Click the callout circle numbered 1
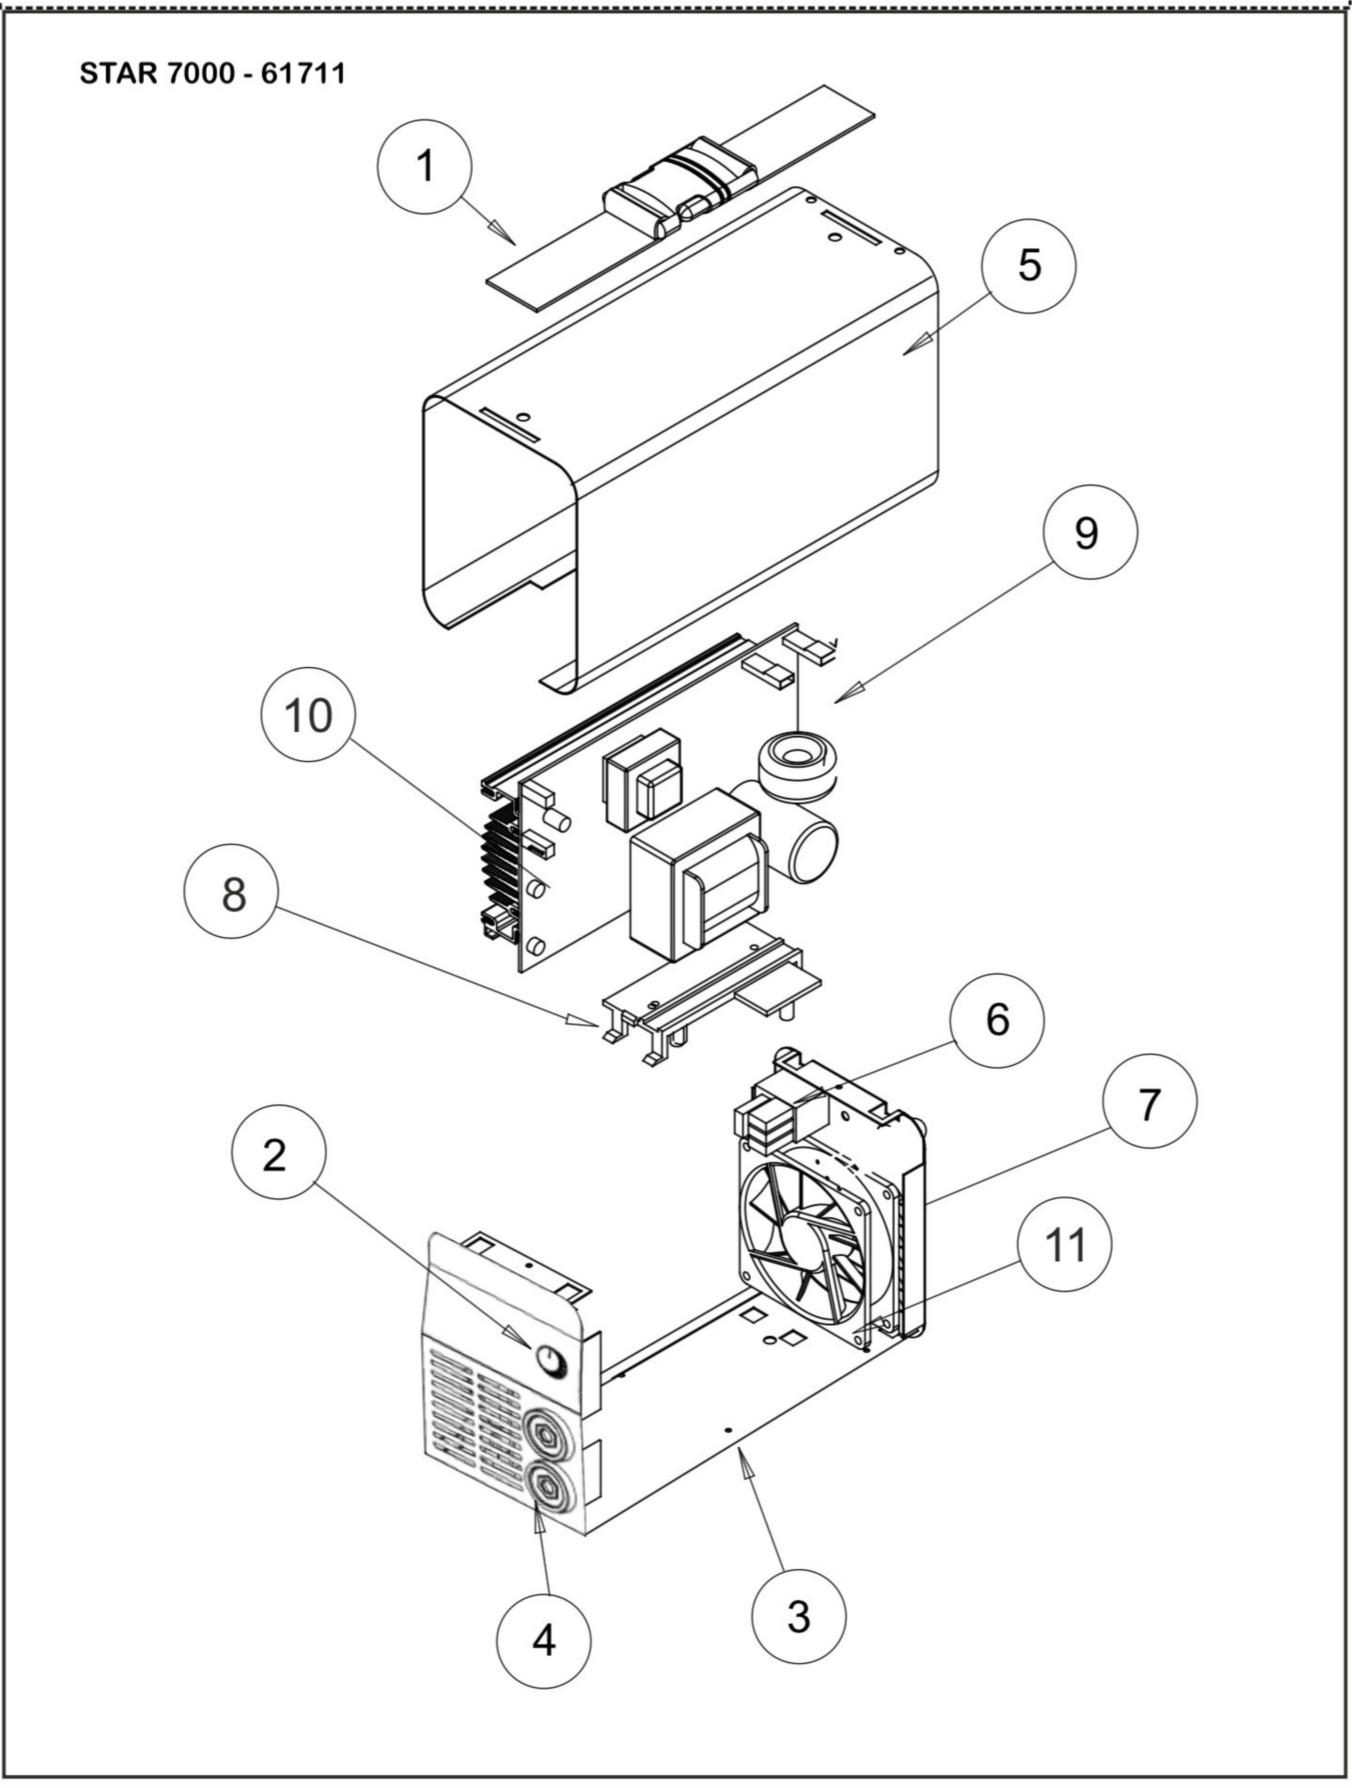[424, 167]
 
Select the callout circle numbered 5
[1029, 265]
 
